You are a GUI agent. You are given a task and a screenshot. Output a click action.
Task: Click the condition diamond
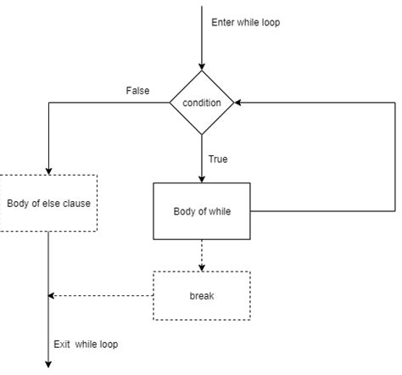[202, 103]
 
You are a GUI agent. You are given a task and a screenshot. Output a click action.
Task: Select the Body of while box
[202, 211]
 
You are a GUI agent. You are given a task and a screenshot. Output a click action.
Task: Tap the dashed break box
[202, 295]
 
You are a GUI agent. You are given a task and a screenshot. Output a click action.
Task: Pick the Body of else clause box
[48, 203]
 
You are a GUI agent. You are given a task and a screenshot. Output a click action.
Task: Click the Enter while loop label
[246, 22]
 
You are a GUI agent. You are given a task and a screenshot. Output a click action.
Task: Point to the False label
[137, 90]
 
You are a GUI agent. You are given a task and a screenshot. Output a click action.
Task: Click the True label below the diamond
[218, 159]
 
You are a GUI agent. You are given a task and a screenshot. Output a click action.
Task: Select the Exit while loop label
[86, 344]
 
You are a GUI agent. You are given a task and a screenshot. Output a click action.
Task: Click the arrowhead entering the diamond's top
[202, 65]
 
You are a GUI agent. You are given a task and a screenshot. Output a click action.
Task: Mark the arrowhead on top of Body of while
[202, 178]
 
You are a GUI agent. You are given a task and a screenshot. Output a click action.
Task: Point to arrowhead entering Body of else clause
[48, 171]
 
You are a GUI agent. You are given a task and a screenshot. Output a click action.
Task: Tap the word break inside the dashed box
[202, 295]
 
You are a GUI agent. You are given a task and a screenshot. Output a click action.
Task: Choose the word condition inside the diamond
[202, 103]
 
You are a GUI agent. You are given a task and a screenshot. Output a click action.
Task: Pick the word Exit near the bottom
[62, 344]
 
